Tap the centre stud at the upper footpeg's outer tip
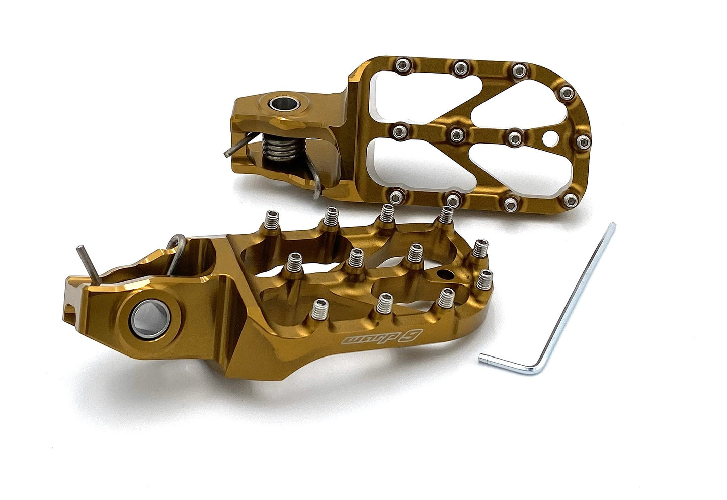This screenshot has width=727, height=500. [582, 141]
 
